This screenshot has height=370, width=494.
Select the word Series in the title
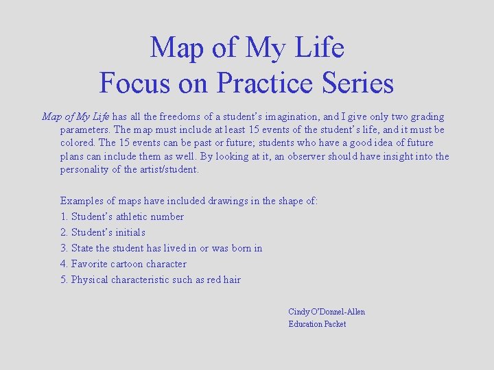[359, 83]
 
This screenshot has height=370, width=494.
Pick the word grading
[427, 117]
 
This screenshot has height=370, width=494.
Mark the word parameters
[85, 129]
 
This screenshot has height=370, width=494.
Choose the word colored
[78, 143]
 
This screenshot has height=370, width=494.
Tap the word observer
[313, 156]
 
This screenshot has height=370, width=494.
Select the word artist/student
[169, 169]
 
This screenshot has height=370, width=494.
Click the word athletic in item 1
[130, 217]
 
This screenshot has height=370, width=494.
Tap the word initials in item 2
[128, 232]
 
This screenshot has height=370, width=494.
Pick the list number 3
[64, 248]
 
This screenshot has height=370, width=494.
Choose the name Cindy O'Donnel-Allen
[327, 312]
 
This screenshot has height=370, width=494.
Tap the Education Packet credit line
[317, 324]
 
